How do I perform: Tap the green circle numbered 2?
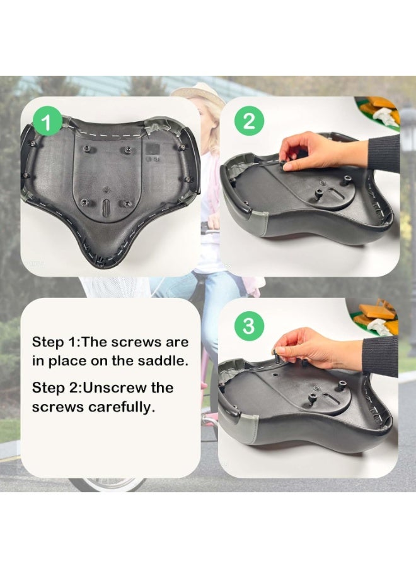pos(249,121)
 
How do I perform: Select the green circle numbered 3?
pos(249,326)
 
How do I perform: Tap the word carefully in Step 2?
pos(119,407)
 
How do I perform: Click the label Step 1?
pos(53,342)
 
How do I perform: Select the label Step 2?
pos(53,388)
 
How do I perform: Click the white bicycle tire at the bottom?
pos(107,485)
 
